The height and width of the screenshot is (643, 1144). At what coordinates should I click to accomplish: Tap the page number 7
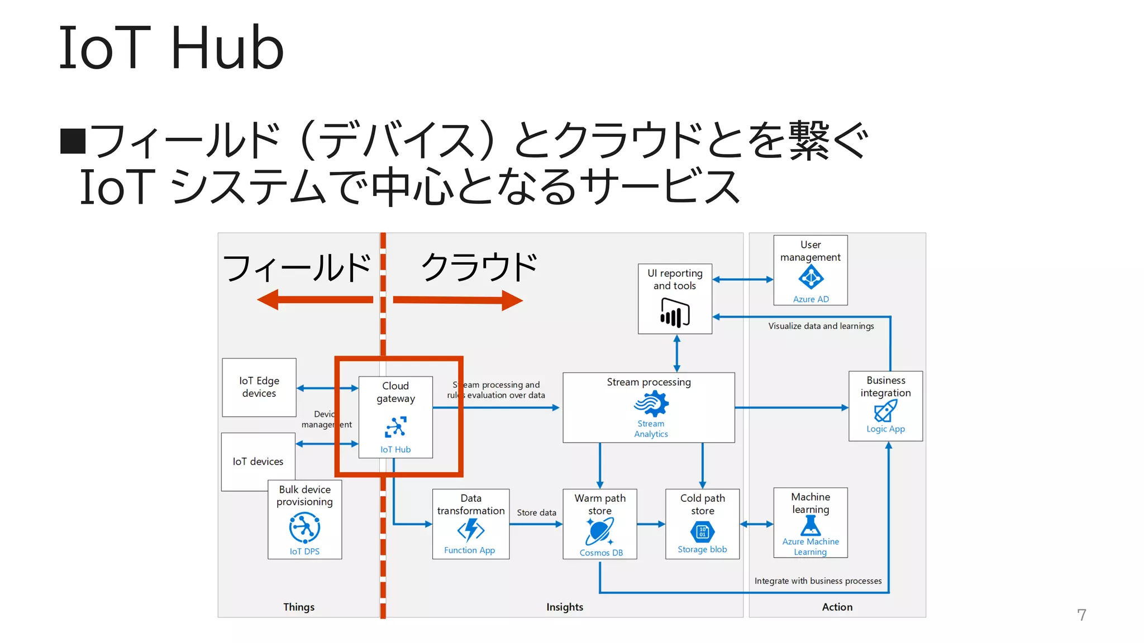tap(1081, 615)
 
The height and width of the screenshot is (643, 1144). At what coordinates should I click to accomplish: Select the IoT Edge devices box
tap(259, 387)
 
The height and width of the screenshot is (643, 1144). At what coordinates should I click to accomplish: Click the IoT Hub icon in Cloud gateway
tap(395, 427)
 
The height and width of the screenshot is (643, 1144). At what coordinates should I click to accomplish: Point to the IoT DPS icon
tap(304, 528)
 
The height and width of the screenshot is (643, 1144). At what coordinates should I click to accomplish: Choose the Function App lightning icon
tap(470, 530)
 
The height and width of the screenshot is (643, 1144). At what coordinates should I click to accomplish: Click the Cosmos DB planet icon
tap(600, 531)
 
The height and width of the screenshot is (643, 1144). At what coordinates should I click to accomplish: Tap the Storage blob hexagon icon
tap(702, 532)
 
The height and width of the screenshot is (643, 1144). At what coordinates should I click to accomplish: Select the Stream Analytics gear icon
tap(651, 404)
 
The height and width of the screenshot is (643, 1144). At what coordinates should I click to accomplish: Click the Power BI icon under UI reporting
tap(675, 313)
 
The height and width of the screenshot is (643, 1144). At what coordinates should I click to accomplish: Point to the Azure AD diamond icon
tap(811, 277)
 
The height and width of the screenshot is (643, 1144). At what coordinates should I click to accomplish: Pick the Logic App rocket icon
tap(885, 411)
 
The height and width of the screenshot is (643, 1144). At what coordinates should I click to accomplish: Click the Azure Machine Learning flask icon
tap(811, 525)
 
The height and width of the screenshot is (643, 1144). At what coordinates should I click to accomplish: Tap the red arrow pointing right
tap(458, 300)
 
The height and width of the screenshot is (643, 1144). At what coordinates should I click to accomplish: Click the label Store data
tap(536, 512)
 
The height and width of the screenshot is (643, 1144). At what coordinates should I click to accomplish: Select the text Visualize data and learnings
tap(821, 326)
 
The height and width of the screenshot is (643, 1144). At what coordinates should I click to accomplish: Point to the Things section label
tap(298, 607)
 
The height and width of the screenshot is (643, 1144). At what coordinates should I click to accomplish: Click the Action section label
tap(837, 607)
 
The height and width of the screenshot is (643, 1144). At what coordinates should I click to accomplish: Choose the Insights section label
tap(564, 607)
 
